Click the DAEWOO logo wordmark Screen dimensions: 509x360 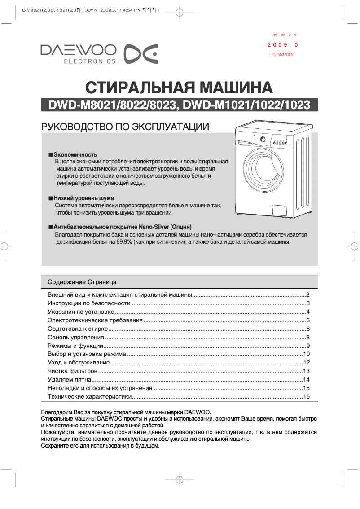(x=78, y=50)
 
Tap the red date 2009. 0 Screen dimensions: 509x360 (x=283, y=45)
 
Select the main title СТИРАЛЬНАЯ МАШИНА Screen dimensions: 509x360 (x=179, y=87)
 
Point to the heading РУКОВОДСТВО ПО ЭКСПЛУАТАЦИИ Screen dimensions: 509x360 (x=125, y=127)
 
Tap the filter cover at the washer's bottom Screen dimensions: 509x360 (x=280, y=210)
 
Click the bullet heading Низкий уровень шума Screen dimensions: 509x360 (x=83, y=198)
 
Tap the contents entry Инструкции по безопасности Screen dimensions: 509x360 (x=89, y=303)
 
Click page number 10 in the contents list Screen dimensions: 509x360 (x=307, y=354)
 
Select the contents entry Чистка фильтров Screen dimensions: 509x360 (x=72, y=371)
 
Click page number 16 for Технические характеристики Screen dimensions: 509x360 (x=307, y=397)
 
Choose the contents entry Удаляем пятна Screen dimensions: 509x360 (x=66, y=380)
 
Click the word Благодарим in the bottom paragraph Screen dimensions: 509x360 (x=56, y=412)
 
